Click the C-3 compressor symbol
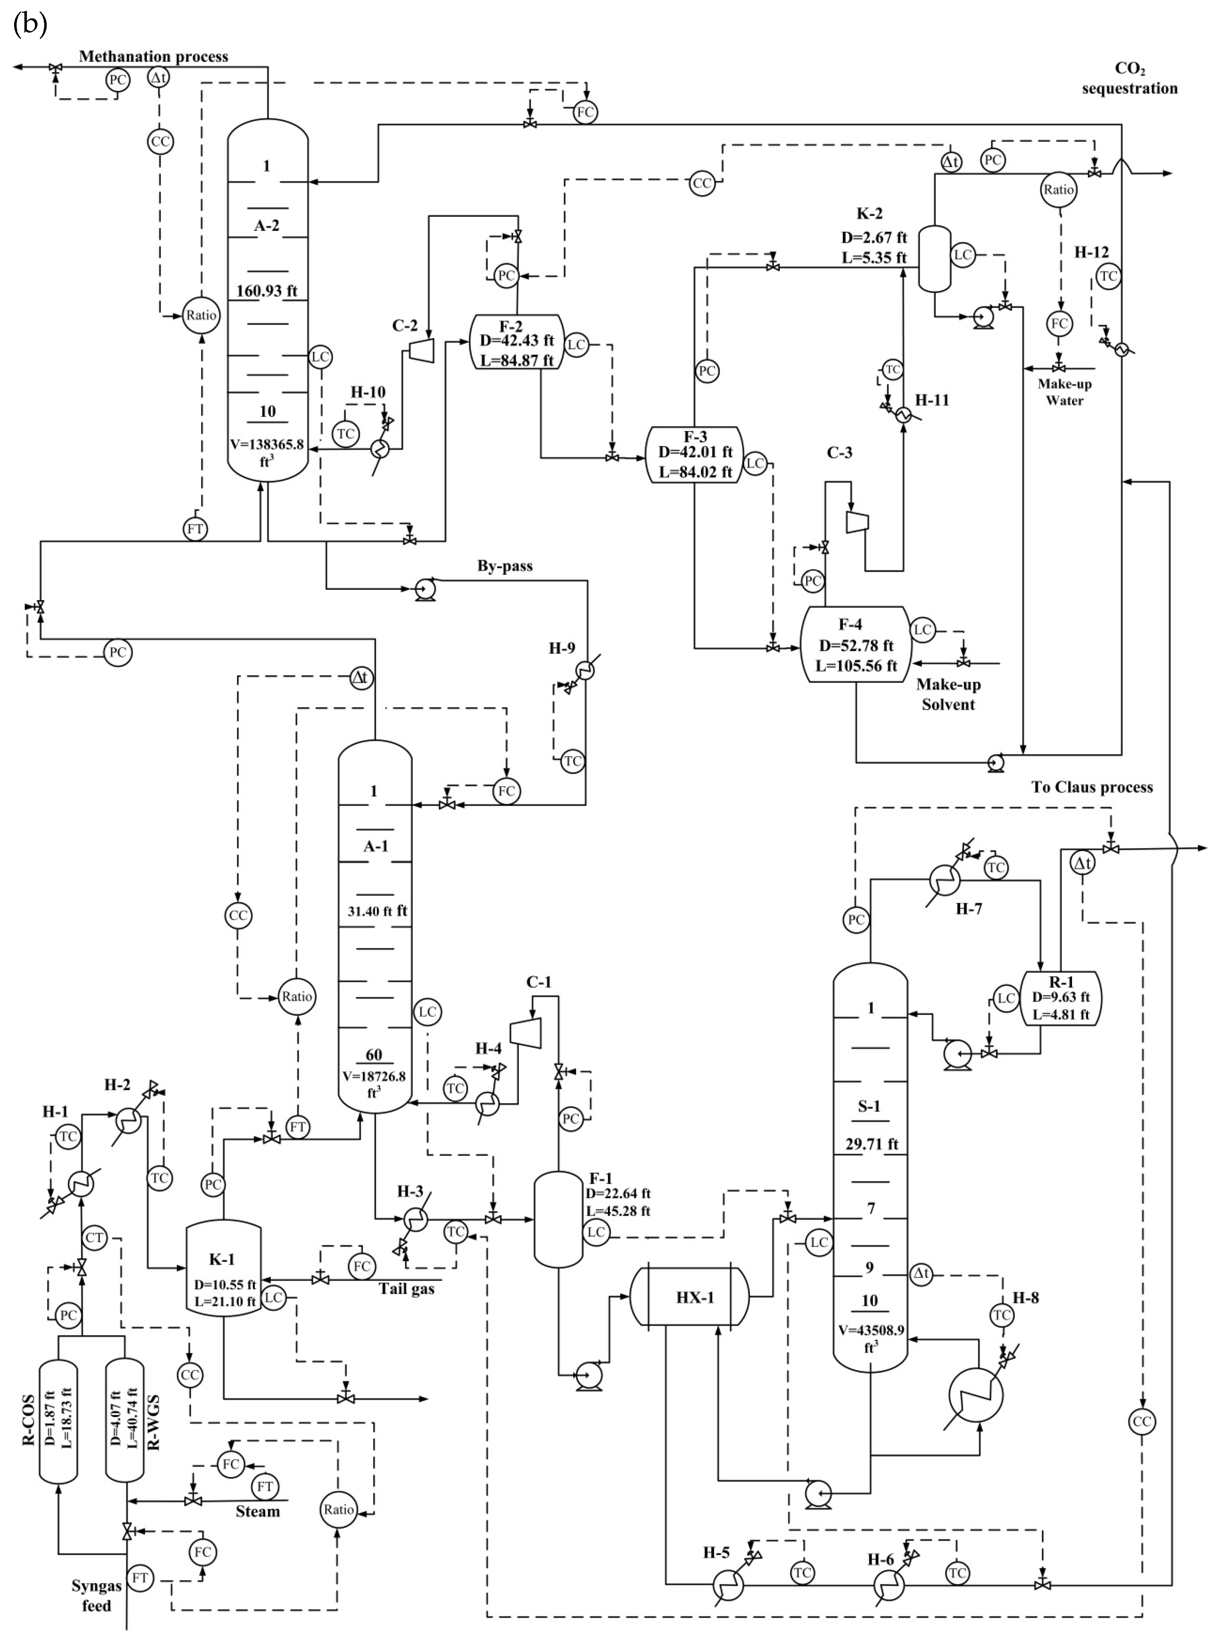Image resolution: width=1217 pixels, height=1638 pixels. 857,522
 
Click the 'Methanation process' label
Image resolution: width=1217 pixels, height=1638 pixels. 154,56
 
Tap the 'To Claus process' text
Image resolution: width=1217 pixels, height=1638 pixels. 1092,787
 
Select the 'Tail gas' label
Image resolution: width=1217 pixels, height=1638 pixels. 407,1289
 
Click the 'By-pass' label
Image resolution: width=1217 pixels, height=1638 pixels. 505,567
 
